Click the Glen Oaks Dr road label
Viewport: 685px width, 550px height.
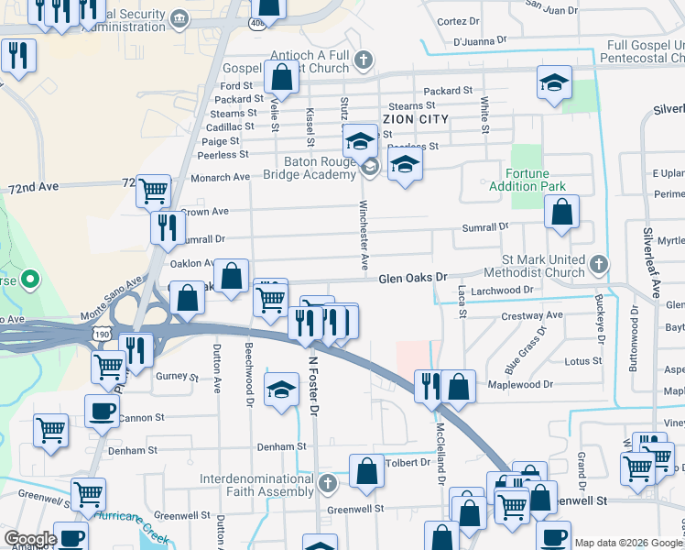[x=412, y=277]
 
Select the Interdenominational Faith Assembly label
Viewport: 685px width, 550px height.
[x=258, y=485]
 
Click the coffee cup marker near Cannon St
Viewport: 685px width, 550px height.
[x=102, y=411]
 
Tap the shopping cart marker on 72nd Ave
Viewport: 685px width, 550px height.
[x=153, y=191]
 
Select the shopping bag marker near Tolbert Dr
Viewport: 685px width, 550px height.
[x=366, y=471]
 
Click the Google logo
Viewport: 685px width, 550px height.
[x=30, y=539]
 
